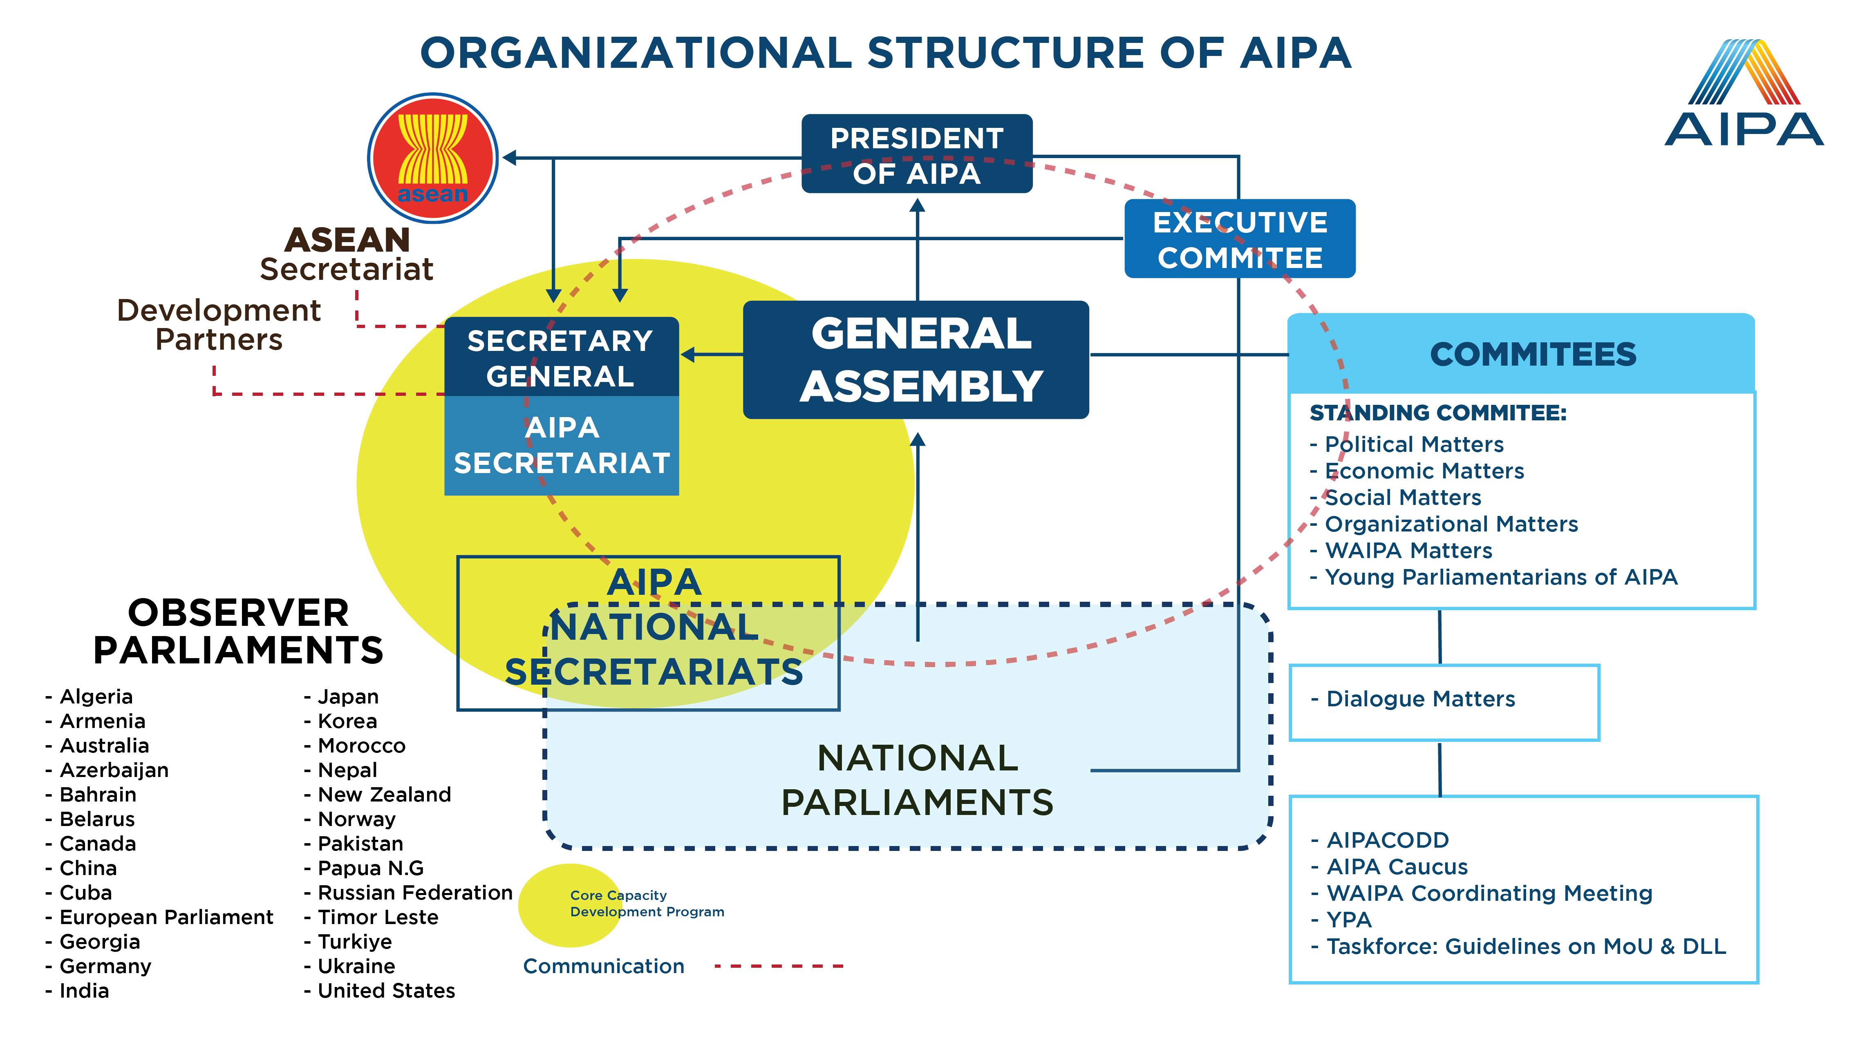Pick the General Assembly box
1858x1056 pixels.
(x=916, y=360)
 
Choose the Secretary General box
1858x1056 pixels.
(x=561, y=357)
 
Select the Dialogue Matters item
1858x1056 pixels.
(x=1421, y=699)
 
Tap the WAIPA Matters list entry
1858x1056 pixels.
(x=1408, y=551)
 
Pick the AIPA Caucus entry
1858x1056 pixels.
(x=1397, y=867)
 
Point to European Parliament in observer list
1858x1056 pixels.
(x=166, y=918)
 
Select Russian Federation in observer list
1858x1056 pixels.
(x=415, y=893)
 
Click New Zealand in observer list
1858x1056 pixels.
(x=384, y=795)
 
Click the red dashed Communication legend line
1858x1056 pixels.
(x=779, y=966)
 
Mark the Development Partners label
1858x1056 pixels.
(x=218, y=325)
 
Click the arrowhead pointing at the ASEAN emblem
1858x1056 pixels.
(x=509, y=157)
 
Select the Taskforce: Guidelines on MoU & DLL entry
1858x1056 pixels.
(x=1526, y=947)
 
